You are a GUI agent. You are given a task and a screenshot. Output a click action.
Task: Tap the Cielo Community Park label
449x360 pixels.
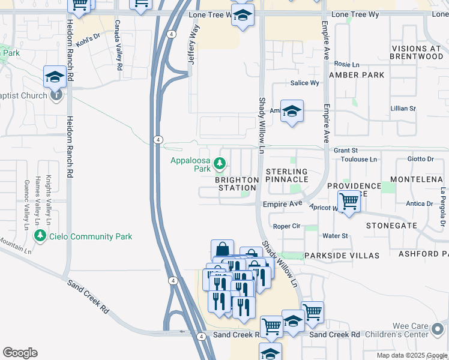91,236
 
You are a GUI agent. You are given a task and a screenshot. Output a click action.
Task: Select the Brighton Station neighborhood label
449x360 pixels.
238,184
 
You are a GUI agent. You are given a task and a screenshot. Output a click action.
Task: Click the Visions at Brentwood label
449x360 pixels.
417,52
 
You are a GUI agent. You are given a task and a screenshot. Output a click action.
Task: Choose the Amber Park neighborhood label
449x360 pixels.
357,75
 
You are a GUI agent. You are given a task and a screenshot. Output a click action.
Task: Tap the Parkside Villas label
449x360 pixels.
342,256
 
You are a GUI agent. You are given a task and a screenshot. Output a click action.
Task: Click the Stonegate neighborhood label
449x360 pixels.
391,226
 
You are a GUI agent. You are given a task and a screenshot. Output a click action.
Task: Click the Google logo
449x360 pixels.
20,353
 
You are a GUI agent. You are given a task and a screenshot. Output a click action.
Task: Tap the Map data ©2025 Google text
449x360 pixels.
411,355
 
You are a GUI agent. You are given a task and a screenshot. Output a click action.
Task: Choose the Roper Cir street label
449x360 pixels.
286,226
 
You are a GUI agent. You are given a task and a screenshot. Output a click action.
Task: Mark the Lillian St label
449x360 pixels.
403,109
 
